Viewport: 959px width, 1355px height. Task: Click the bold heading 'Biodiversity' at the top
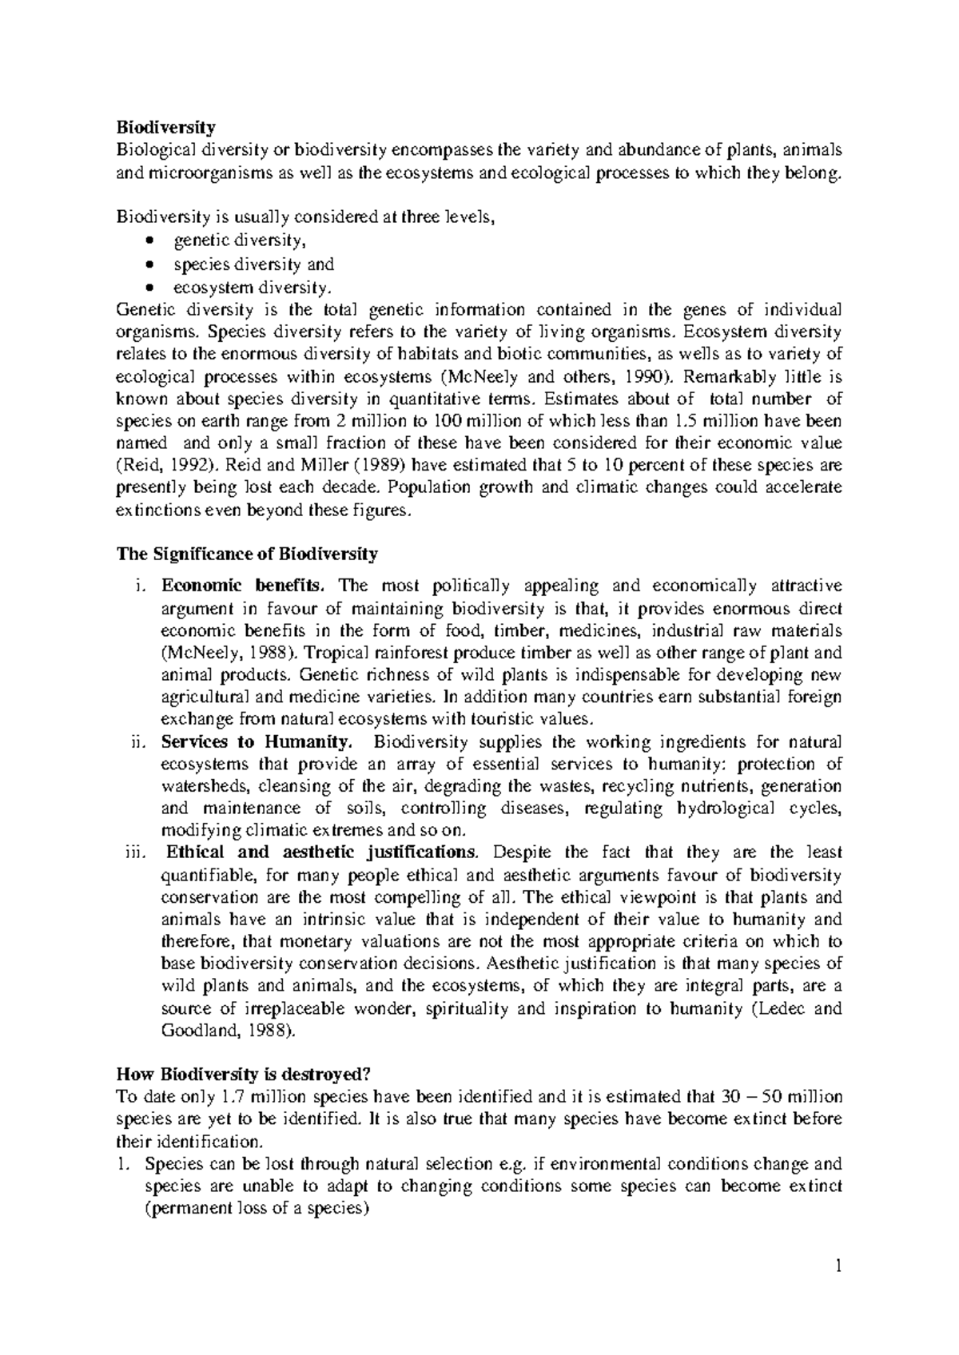tap(165, 127)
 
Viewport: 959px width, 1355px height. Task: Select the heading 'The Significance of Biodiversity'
tap(247, 554)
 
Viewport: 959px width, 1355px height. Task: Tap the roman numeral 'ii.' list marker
tap(138, 741)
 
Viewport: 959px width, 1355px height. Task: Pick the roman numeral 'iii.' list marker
tap(137, 852)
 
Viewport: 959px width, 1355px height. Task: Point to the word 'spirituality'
tap(468, 1008)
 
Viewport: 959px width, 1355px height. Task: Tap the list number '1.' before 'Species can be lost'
tap(123, 1163)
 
